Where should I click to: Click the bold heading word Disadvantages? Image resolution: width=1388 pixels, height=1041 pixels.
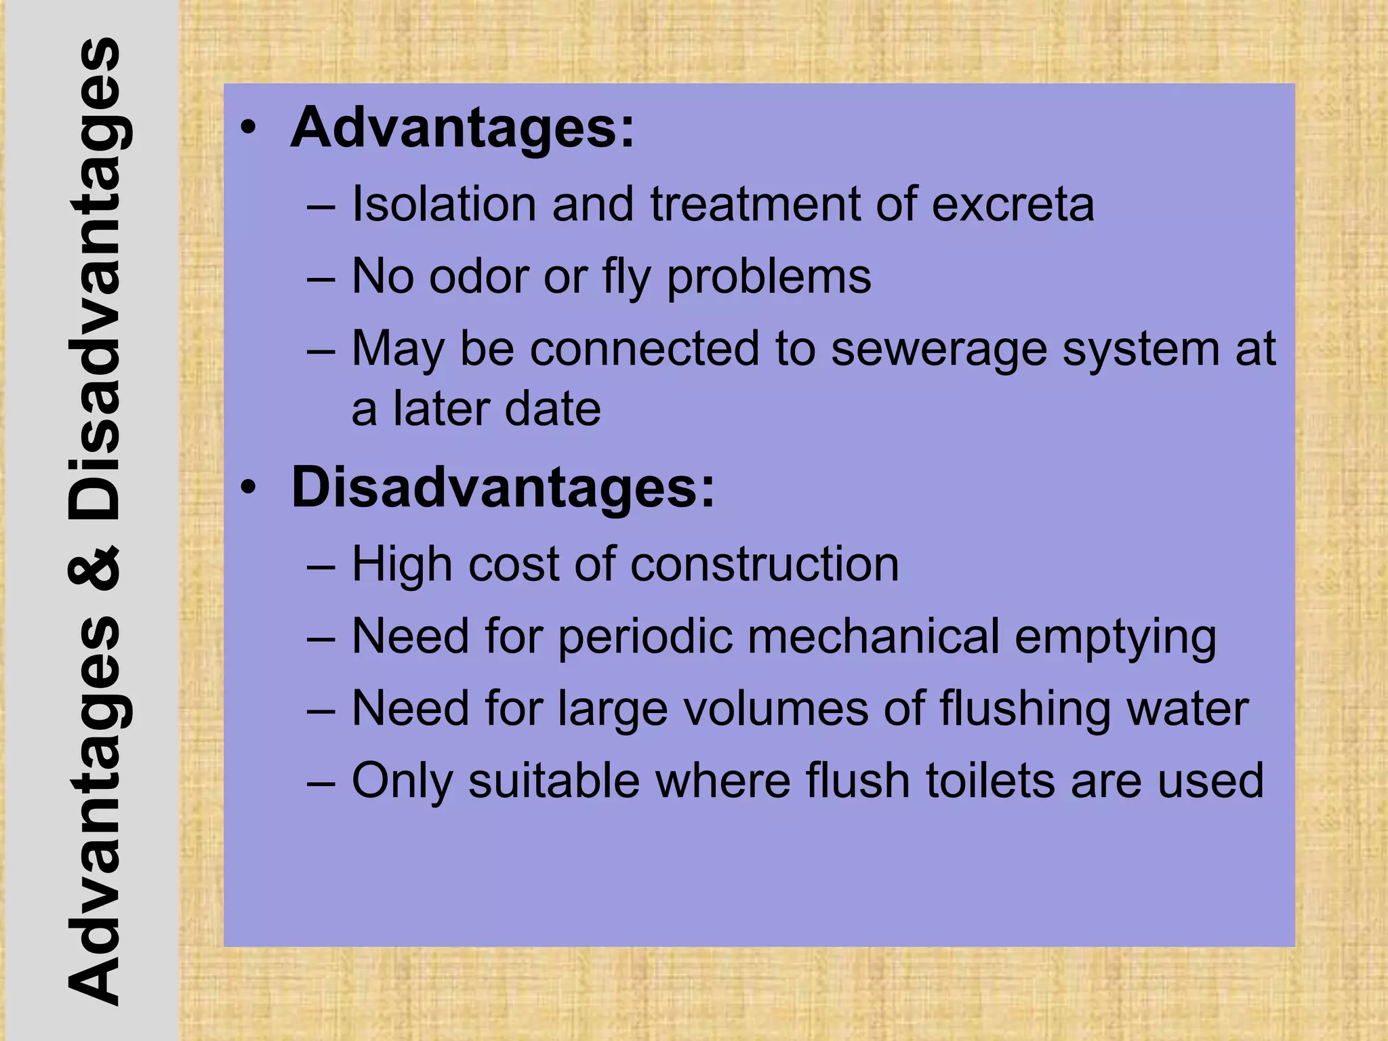[x=502, y=487]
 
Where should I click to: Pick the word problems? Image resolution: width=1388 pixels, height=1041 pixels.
[x=769, y=278]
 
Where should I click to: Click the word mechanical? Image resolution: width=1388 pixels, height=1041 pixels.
[x=874, y=636]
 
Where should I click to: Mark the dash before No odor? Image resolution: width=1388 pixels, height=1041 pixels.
[x=321, y=278]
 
